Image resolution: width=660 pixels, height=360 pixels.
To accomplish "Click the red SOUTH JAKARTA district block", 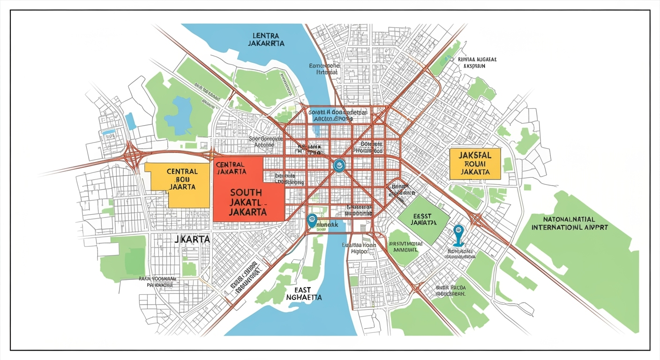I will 248,197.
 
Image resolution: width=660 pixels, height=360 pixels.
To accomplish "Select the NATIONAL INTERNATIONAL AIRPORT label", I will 570,223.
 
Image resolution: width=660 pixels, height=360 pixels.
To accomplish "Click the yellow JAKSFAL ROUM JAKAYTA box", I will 475,164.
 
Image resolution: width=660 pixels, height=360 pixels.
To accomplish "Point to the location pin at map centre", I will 339,165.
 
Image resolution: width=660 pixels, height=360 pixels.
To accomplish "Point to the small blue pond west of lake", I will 130,121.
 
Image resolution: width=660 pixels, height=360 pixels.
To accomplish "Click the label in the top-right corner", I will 477,63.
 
